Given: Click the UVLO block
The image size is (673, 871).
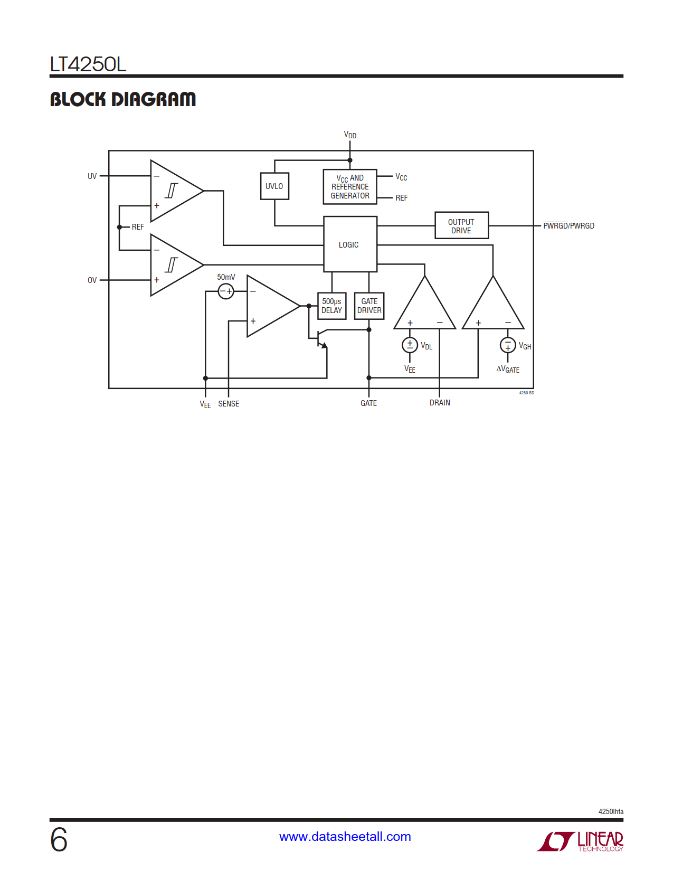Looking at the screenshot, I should tap(274, 186).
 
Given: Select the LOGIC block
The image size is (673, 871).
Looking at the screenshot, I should tap(349, 244).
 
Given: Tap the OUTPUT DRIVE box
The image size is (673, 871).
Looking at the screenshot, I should tap(461, 226).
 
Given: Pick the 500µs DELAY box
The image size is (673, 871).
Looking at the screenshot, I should tap(331, 306).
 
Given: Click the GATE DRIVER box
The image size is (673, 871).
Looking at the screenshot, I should tap(369, 306).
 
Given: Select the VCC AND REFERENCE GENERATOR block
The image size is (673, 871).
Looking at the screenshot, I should tap(350, 187).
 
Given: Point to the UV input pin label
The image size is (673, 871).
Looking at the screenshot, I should tap(92, 176).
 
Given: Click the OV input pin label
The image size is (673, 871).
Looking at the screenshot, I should tap(92, 280).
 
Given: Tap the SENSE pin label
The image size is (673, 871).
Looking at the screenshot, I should tap(229, 404).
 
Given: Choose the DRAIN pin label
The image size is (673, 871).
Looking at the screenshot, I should tap(440, 403).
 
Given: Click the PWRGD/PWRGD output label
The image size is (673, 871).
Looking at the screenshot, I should tap(568, 226).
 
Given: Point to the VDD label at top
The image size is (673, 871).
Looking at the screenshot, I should tap(350, 135).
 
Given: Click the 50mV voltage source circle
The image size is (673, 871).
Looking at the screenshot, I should tap(226, 291).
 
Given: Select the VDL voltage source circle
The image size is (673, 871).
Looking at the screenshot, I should tap(410, 345).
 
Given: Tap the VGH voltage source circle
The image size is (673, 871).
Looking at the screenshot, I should tap(507, 345).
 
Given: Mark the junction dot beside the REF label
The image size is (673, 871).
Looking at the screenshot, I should tap(120, 227).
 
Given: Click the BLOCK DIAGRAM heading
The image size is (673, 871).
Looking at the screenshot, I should tap(123, 99).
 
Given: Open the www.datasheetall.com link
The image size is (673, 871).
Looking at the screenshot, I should tap(345, 837).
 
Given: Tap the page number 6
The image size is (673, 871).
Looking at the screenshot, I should tap(59, 840).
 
